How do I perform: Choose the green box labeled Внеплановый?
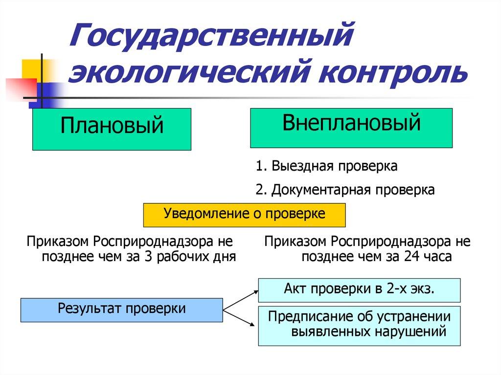(351, 128)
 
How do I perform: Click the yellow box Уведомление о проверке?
(244, 214)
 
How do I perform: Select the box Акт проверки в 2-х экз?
(359, 289)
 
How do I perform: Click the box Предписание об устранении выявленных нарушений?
(359, 326)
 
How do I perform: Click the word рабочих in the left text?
(183, 256)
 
